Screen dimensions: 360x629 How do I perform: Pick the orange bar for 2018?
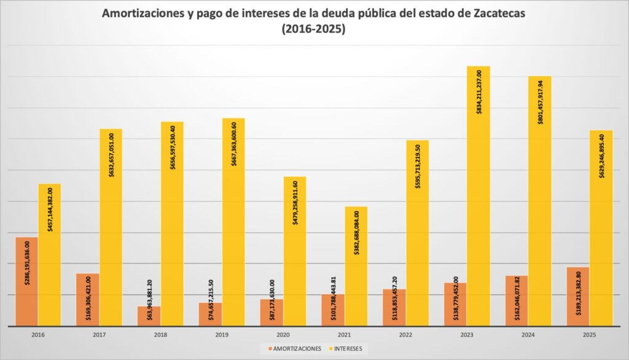(x=149, y=316)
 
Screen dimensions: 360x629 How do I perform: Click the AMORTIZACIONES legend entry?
(x=294, y=348)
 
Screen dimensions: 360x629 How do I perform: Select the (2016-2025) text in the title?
(x=313, y=29)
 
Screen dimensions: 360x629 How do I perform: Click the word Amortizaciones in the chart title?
(x=142, y=14)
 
